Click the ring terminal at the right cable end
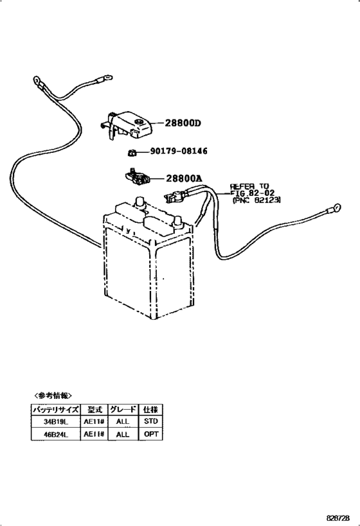tap(335, 208)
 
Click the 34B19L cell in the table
tap(56, 422)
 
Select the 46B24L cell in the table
tap(56, 435)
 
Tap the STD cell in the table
tap(150, 422)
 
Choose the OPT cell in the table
tap(150, 435)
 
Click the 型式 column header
tap(93, 409)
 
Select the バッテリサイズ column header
tap(56, 409)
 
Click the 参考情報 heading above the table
tap(53, 396)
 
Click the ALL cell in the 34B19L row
tap(122, 422)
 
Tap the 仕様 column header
tap(150, 409)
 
